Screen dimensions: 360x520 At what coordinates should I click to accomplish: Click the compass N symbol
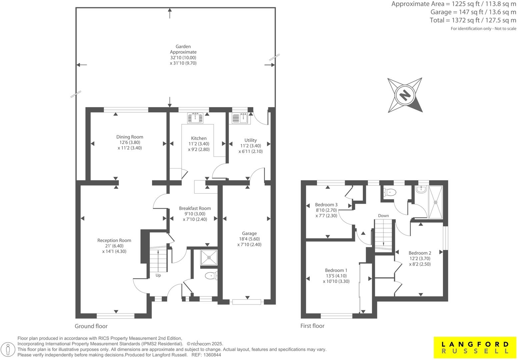point(405,95)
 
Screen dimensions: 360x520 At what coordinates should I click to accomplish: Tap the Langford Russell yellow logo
point(475,347)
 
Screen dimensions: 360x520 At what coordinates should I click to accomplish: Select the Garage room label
point(249,233)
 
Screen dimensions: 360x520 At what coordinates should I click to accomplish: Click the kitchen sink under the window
point(195,118)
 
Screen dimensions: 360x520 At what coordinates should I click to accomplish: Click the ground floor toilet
point(211,276)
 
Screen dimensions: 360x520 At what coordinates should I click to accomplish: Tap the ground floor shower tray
point(209,257)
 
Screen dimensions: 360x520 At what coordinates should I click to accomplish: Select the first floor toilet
point(390,192)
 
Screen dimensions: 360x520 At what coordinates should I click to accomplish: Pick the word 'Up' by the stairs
point(158,275)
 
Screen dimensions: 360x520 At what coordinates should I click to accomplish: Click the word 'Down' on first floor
point(383,216)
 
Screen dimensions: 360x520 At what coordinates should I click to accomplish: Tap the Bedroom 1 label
point(336,270)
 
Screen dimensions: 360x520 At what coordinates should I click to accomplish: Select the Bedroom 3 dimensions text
point(326,213)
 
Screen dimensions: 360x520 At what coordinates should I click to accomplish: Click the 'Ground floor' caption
point(91,326)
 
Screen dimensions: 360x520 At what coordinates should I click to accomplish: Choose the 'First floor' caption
point(312,326)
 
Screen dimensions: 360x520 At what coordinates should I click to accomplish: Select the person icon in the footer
point(9,350)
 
